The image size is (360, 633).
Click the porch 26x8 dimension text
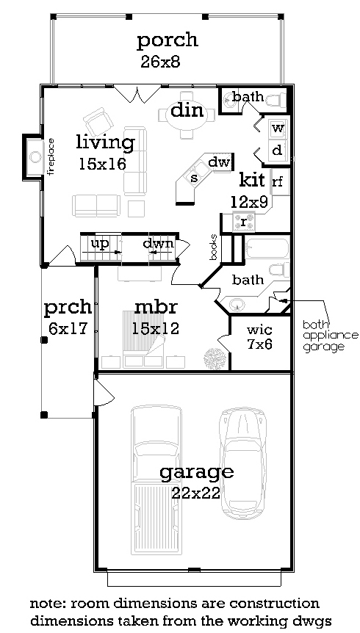point(160,62)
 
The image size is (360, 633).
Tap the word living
point(106,143)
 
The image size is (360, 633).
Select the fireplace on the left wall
point(33,156)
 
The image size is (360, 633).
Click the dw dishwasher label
point(219,162)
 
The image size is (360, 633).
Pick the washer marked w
point(278,129)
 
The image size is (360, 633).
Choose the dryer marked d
point(278,151)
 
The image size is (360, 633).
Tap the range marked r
point(244,222)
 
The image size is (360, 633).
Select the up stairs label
point(99,243)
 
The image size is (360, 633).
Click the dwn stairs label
point(159,243)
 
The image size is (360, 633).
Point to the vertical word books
point(214,247)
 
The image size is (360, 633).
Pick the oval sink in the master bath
point(237,305)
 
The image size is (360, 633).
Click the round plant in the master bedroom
point(213,358)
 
